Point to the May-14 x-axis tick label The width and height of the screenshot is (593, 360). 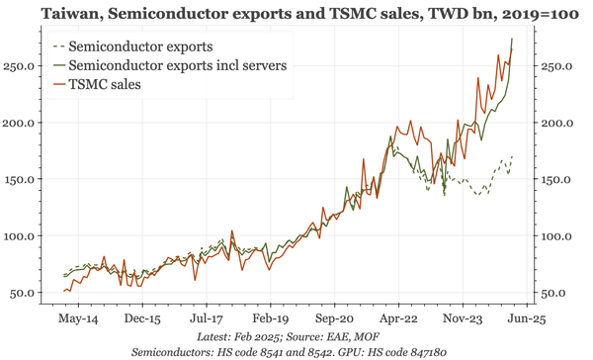coord(78,320)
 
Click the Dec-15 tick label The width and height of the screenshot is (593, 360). coord(142,320)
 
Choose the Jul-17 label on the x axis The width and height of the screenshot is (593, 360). coord(206,320)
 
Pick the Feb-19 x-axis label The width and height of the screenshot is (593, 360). coord(270,320)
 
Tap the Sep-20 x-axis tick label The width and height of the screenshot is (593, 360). coord(334,320)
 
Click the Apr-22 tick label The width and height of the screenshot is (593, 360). coord(397,320)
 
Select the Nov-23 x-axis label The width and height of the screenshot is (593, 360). coord(462,320)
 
